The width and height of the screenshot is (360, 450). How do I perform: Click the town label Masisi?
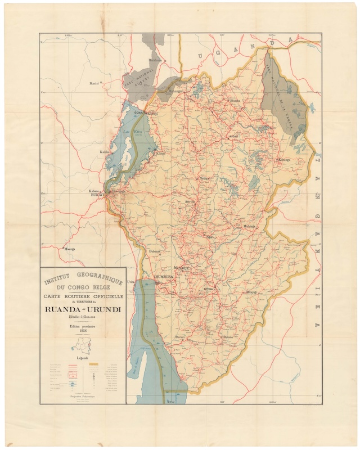point(94,83)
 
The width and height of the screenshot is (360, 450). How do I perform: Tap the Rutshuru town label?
point(155,60)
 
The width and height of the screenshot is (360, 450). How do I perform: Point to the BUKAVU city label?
point(96,195)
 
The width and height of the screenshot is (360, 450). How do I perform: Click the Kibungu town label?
point(282,160)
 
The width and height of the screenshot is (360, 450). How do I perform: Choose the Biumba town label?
point(234,101)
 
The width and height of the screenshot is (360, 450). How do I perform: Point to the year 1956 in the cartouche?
point(83,331)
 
